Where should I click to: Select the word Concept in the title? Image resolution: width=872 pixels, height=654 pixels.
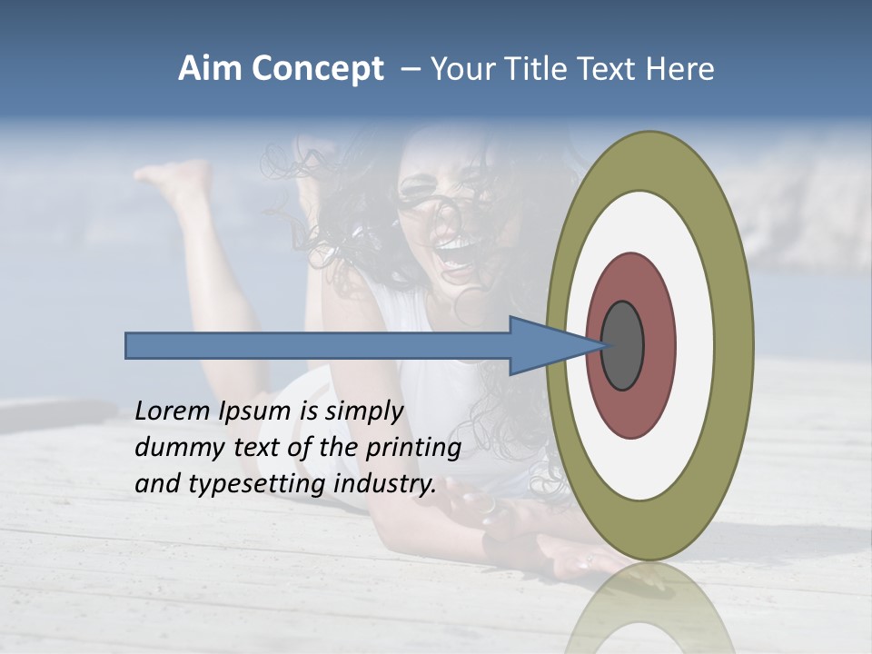pyautogui.click(x=317, y=70)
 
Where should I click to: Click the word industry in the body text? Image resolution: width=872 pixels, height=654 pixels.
pyautogui.click(x=385, y=484)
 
